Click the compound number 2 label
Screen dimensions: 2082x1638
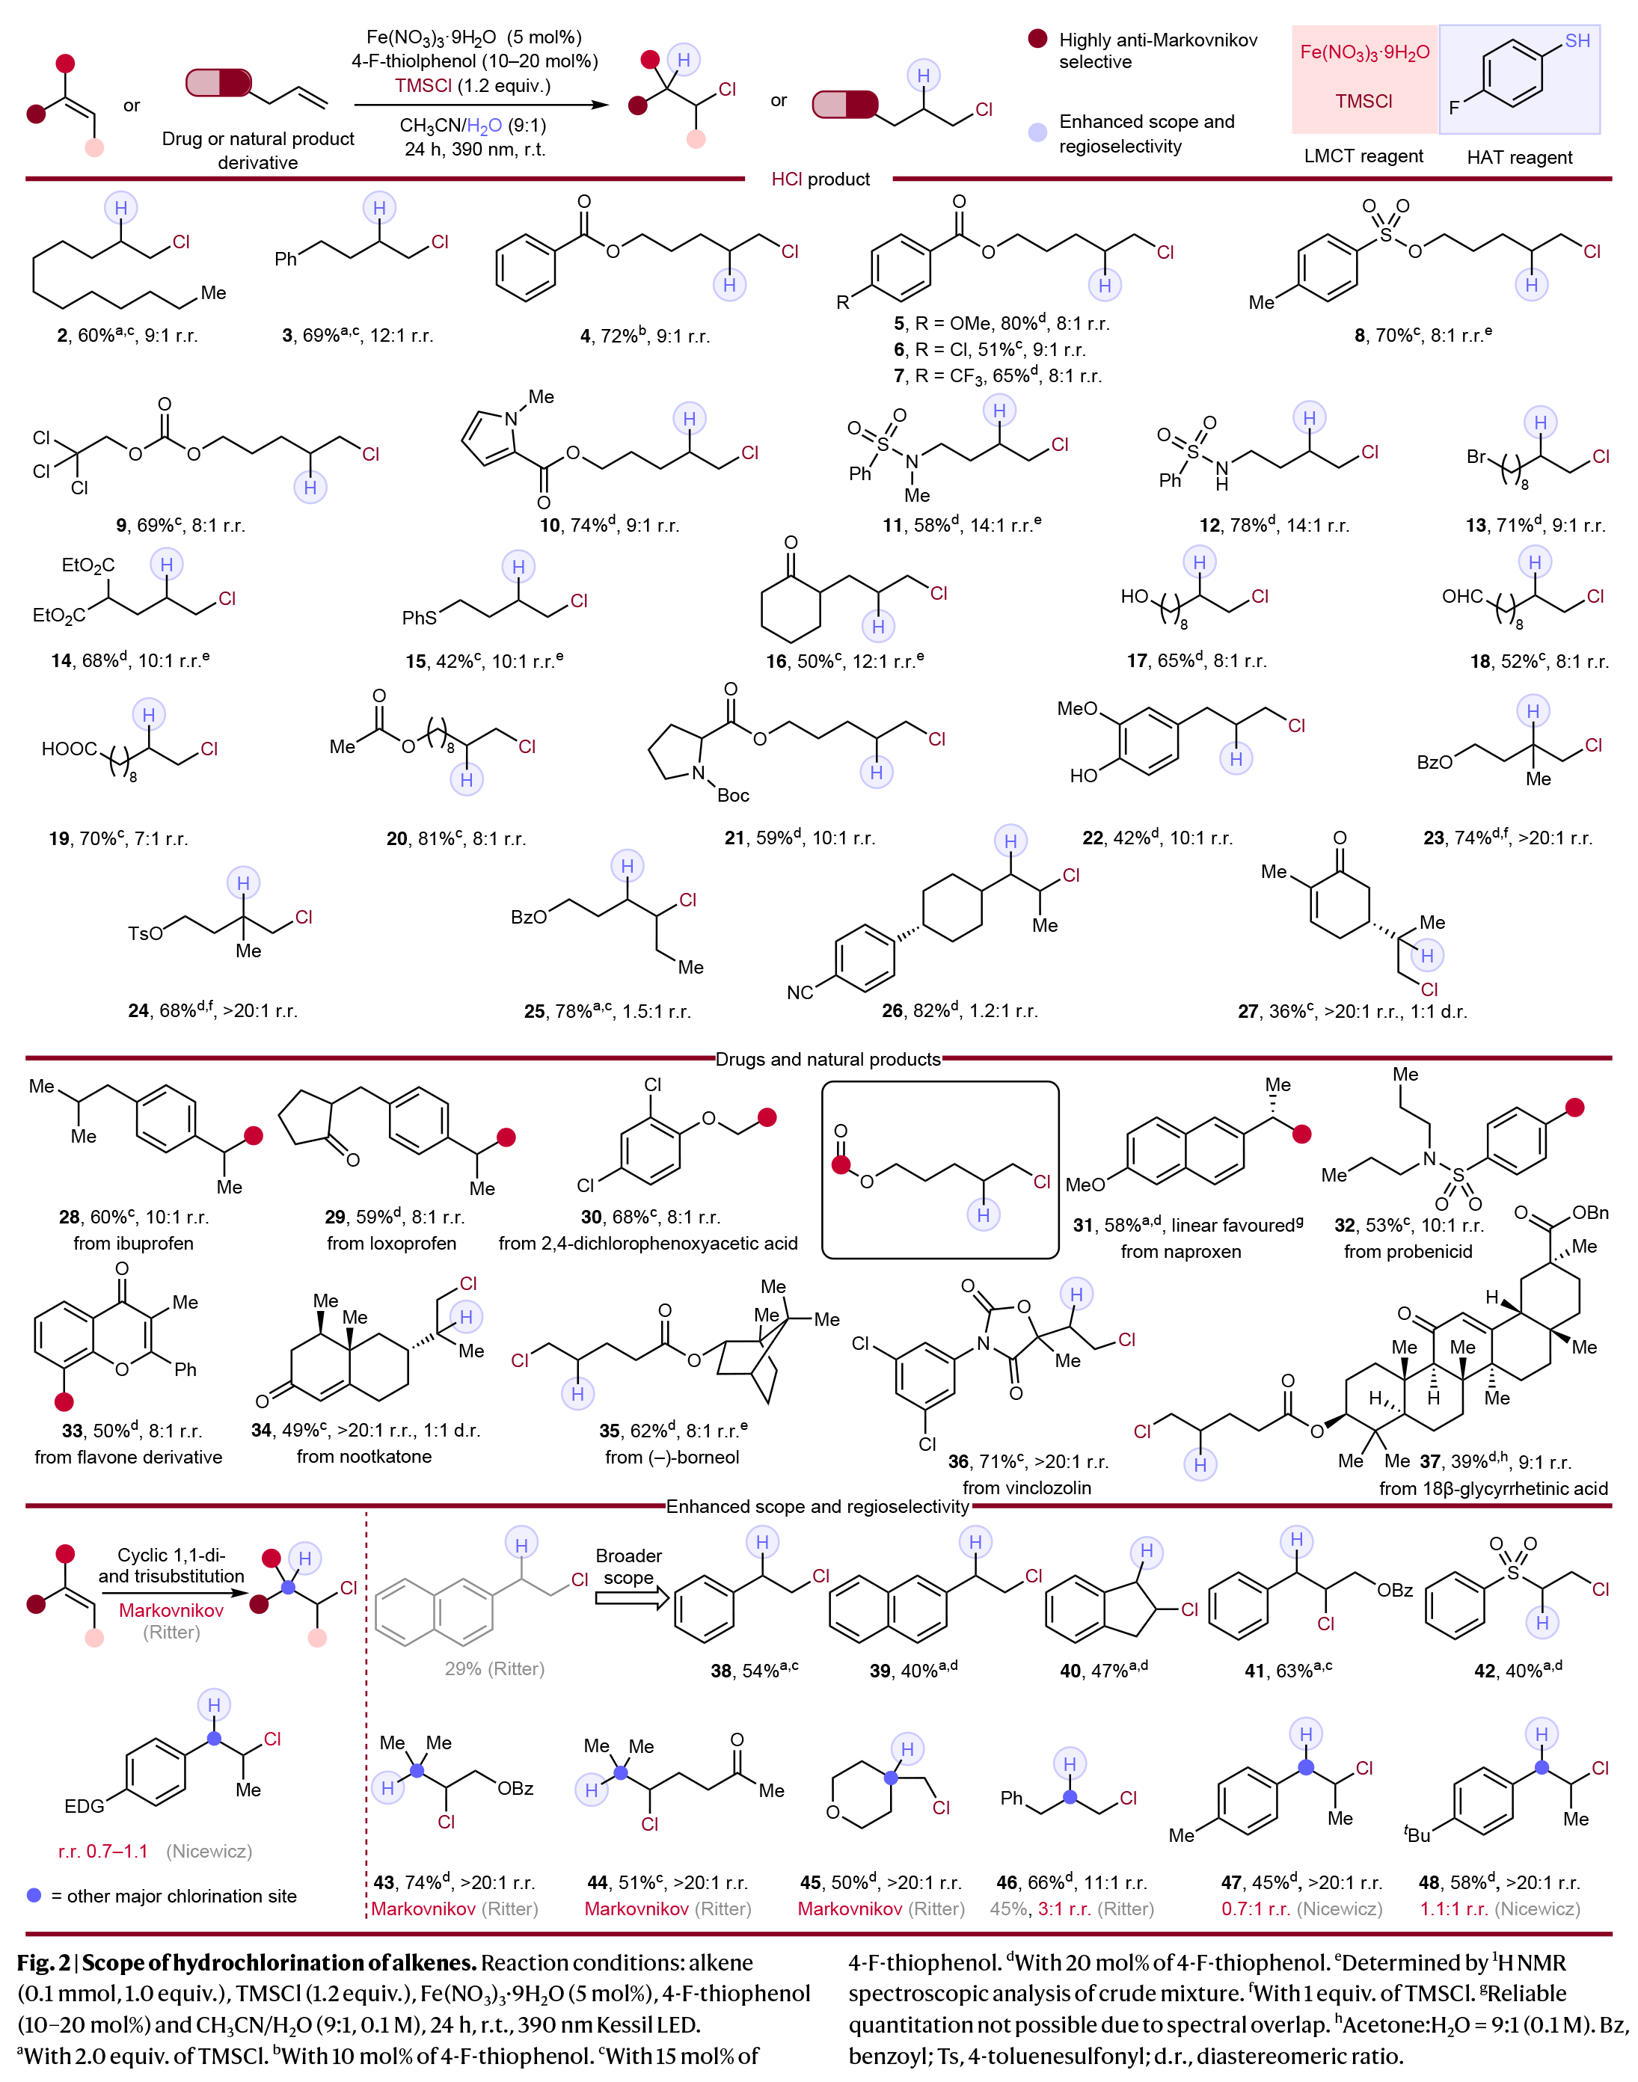(62, 336)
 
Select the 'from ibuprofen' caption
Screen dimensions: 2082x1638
(133, 1243)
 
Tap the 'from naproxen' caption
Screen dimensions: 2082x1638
(1180, 1250)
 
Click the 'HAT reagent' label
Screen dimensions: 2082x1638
(1519, 156)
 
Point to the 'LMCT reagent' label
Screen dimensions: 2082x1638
(1363, 156)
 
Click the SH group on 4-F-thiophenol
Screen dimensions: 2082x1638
(1577, 41)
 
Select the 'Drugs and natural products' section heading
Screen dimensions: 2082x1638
(828, 1059)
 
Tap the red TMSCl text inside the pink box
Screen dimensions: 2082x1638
(1363, 101)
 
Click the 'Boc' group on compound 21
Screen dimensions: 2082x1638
(733, 795)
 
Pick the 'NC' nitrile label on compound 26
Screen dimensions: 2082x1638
(800, 992)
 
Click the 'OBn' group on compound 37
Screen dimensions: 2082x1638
(1590, 1213)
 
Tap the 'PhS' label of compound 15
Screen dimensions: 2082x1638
(419, 618)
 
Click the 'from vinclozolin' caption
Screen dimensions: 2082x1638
(1026, 1487)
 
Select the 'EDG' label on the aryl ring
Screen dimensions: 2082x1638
(85, 1806)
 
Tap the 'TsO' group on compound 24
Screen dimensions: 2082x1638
(145, 933)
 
